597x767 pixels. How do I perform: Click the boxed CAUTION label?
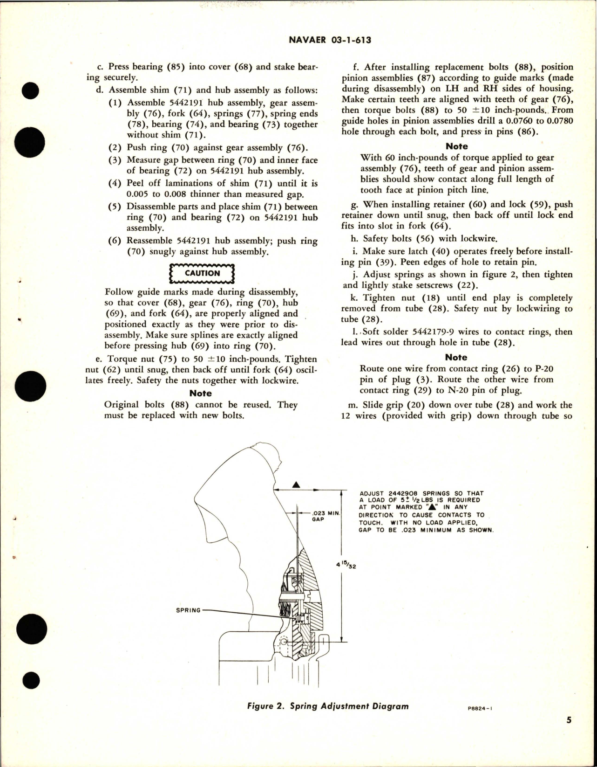tap(202, 274)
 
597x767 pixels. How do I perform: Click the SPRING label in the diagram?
tap(188, 610)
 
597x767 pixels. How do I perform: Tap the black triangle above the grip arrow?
tap(295, 485)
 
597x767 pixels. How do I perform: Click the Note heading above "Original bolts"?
tap(200, 393)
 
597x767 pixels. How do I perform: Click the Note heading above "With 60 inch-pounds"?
tap(456, 146)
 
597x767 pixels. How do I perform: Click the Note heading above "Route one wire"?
tap(456, 357)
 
